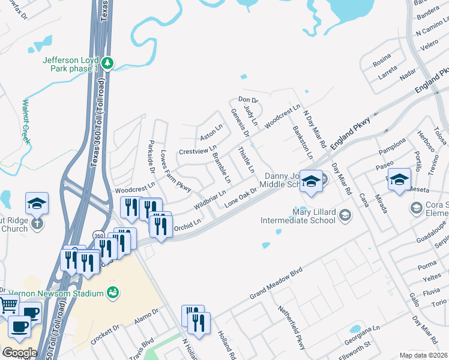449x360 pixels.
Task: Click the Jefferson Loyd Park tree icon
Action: tap(107, 62)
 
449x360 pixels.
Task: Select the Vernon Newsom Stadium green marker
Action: tap(112, 293)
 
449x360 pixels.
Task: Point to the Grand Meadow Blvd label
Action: tap(274, 286)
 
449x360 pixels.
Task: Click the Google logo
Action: tap(19, 353)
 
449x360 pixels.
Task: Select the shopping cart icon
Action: tap(8, 305)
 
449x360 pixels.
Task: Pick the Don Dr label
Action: tap(247, 99)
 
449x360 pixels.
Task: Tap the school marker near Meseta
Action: tap(399, 179)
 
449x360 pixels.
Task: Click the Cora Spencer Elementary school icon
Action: tap(415, 208)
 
